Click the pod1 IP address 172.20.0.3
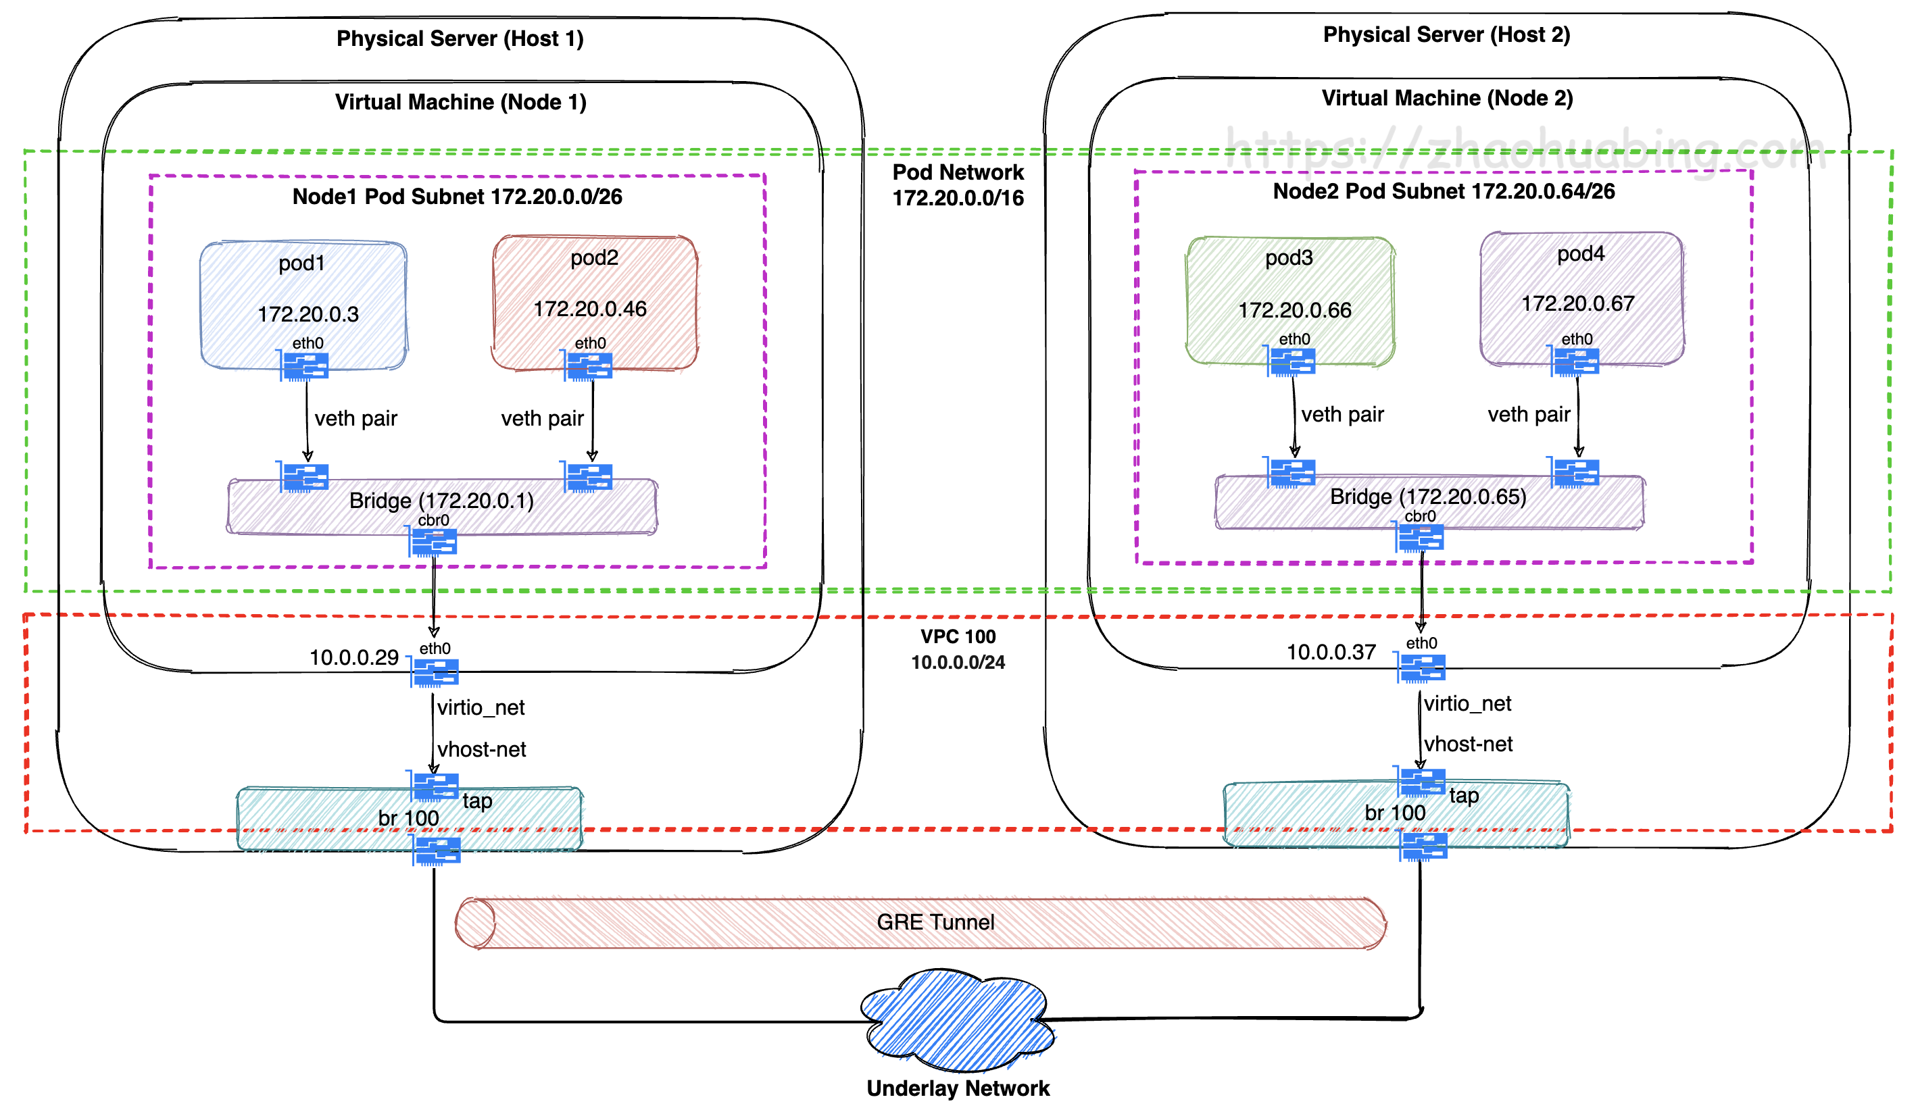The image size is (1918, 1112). [x=308, y=314]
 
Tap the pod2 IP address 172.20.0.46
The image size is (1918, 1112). [x=590, y=309]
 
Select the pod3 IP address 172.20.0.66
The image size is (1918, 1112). [x=1295, y=310]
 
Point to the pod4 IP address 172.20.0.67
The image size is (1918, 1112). [x=1578, y=303]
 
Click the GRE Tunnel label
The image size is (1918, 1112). [x=935, y=922]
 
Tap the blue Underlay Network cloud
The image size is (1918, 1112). [x=957, y=1019]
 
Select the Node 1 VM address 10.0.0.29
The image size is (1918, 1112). [x=354, y=657]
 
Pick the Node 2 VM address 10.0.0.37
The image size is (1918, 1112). [x=1331, y=652]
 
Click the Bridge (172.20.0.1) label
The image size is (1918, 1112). [x=441, y=501]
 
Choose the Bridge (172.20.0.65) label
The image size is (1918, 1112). [x=1428, y=497]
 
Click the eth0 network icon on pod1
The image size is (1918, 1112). [x=305, y=366]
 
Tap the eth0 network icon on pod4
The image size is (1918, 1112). [x=1575, y=361]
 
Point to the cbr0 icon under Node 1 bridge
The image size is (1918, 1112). [x=434, y=542]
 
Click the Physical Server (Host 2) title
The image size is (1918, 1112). [x=1446, y=35]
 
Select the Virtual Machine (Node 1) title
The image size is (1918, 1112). [x=460, y=102]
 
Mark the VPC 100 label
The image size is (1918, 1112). [x=958, y=636]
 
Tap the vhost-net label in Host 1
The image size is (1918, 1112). [x=482, y=749]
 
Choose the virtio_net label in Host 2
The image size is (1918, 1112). [x=1467, y=703]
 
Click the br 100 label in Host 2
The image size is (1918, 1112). [x=1394, y=812]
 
